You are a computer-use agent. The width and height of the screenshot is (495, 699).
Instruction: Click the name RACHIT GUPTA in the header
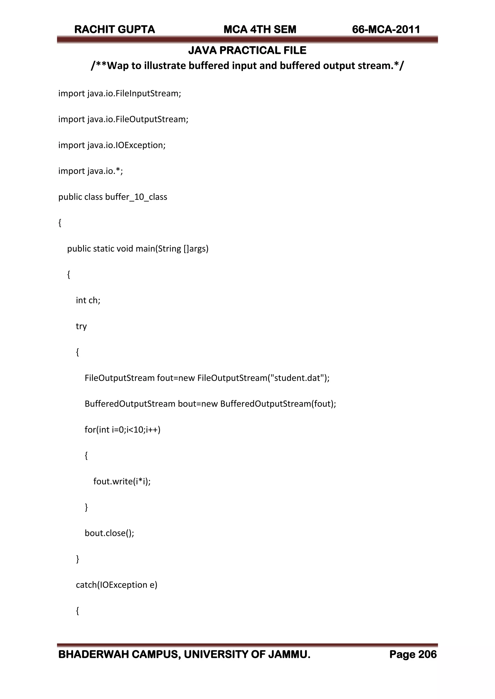tap(115, 29)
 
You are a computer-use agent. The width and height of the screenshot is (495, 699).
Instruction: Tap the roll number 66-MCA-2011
tap(386, 29)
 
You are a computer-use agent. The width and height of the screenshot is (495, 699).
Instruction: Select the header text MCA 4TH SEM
tap(260, 29)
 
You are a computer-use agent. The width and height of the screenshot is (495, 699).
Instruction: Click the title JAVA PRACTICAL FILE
tap(247, 50)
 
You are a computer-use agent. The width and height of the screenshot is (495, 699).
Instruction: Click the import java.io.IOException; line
tap(112, 145)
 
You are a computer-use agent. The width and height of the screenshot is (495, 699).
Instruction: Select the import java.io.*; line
tap(91, 171)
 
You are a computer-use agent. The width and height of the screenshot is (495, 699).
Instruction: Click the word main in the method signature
tap(145, 249)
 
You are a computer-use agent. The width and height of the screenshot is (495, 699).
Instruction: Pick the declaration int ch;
tap(88, 301)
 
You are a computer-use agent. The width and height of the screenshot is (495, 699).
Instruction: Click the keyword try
tap(81, 326)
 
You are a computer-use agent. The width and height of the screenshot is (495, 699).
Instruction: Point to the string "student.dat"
tap(297, 378)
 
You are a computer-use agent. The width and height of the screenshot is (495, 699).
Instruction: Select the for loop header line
tap(123, 430)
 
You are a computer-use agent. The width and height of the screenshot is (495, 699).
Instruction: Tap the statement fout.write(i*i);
tap(122, 481)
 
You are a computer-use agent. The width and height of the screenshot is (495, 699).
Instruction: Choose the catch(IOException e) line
tap(116, 585)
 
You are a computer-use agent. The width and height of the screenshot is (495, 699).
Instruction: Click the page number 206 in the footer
tap(427, 655)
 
